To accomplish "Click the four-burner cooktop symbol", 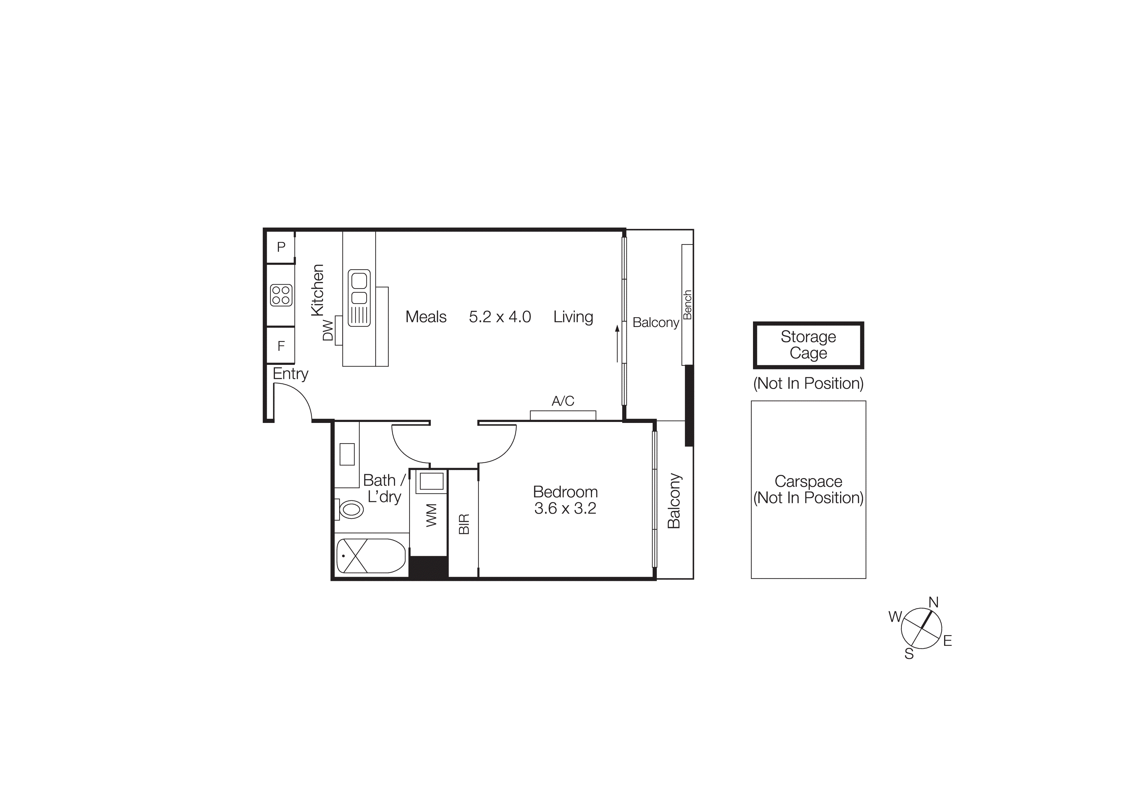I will (281, 295).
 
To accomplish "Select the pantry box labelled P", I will (281, 247).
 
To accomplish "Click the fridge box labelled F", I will (281, 346).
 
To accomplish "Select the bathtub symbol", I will (371, 556).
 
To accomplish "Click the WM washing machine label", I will (431, 515).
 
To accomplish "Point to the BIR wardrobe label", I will (464, 524).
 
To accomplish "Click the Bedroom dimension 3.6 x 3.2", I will (565, 508).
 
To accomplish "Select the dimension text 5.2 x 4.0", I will (500, 317).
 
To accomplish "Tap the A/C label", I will (563, 401).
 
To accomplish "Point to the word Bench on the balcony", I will (687, 304).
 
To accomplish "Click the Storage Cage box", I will (808, 345).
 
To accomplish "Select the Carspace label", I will (808, 481).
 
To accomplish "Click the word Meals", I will (426, 317).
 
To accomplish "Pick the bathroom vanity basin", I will (347, 454).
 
